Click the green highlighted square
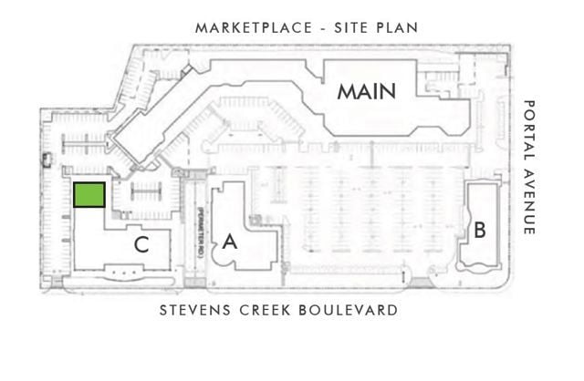click(x=89, y=194)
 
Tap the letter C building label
click(x=141, y=245)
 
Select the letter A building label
click(x=230, y=242)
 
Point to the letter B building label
click(x=480, y=230)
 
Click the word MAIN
click(x=367, y=92)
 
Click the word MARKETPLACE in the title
click(x=254, y=28)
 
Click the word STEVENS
click(x=194, y=310)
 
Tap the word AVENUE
click(x=529, y=202)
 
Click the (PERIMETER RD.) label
click(x=200, y=232)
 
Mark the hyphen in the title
click(x=323, y=28)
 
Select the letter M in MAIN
click(x=346, y=92)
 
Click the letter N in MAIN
click(x=389, y=92)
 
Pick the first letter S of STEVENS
click(x=163, y=310)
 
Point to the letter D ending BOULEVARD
click(x=393, y=310)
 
